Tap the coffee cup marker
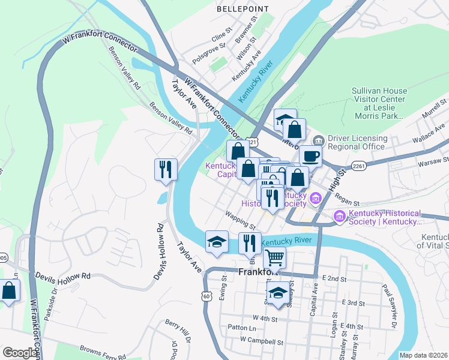click(310, 156)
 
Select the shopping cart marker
click(274, 257)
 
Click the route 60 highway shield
click(206, 296)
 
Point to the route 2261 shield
click(359, 166)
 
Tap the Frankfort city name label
click(259, 272)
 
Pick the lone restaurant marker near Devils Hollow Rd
click(166, 169)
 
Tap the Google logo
click(20, 353)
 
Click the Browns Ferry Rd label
click(100, 348)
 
